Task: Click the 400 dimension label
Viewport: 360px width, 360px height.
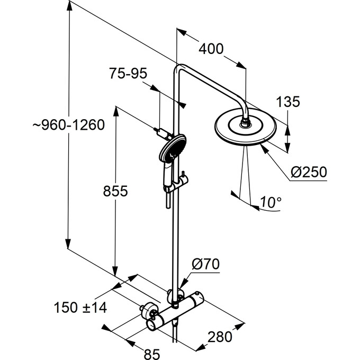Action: click(x=211, y=49)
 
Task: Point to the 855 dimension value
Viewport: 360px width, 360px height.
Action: click(x=115, y=191)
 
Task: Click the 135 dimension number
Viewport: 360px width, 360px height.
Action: click(x=288, y=101)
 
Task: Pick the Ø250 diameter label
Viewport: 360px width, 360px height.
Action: click(x=309, y=172)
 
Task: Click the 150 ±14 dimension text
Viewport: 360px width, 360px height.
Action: click(x=80, y=308)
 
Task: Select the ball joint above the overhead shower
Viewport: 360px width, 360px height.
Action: click(x=245, y=125)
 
